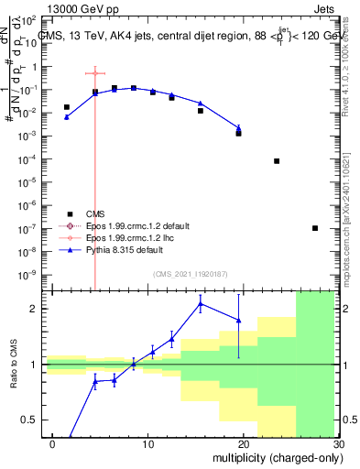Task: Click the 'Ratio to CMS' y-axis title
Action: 13,365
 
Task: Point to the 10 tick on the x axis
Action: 147,443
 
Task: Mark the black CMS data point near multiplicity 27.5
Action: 314,228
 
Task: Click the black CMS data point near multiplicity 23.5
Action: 277,161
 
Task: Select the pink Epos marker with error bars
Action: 95,73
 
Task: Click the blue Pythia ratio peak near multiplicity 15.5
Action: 201,304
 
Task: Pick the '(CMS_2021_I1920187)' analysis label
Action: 190,273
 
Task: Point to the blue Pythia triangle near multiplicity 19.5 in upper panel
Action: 238,128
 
